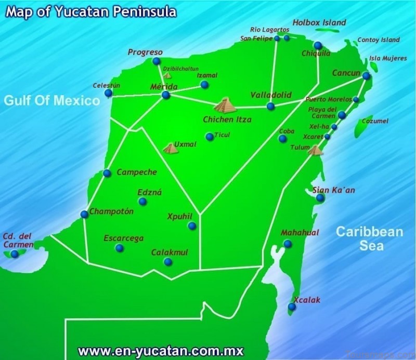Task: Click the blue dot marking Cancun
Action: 366,76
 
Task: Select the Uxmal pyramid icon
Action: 171,148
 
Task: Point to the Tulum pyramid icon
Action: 315,150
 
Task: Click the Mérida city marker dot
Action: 165,95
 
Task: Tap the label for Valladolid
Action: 271,95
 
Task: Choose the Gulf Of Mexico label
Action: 51,100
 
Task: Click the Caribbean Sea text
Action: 369,238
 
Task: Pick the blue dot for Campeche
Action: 107,173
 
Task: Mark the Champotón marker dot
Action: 84,214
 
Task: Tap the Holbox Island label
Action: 319,23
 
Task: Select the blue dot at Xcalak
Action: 292,307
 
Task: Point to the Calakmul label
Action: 170,252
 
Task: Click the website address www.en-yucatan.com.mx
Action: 160,351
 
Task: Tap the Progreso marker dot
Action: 156,61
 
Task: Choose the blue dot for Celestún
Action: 108,94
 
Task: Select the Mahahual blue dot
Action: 287,244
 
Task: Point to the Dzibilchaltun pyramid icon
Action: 167,75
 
